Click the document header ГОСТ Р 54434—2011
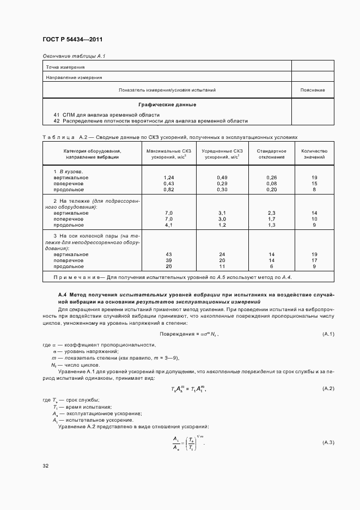pyautogui.click(x=72, y=40)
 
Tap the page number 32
pyautogui.click(x=45, y=466)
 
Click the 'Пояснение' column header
pyautogui.click(x=313, y=90)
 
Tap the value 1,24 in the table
pyautogui.click(x=168, y=178)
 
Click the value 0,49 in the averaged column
pyautogui.click(x=222, y=178)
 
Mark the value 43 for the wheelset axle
pyautogui.click(x=168, y=254)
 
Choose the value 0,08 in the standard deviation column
pyautogui.click(x=272, y=184)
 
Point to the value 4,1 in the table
pyautogui.click(x=168, y=225)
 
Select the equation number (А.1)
pyautogui.click(x=328, y=334)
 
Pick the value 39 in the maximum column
pyautogui.click(x=168, y=260)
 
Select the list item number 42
pyautogui.click(x=57, y=121)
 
